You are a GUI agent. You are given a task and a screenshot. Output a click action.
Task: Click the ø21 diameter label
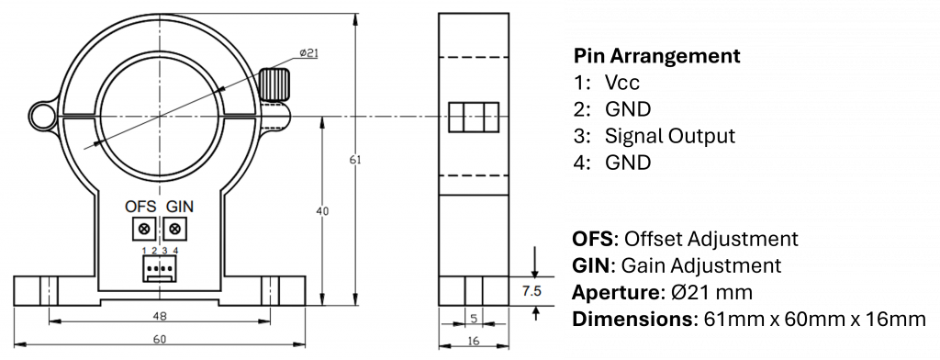308,53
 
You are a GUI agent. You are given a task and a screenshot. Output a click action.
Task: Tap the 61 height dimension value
356,160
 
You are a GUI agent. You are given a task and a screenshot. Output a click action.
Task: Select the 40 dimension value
322,211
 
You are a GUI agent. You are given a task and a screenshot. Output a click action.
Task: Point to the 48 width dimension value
159,316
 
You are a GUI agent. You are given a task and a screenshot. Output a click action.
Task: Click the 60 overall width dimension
159,340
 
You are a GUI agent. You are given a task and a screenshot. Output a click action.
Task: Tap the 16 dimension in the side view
473,341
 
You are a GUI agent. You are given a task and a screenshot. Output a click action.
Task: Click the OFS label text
140,207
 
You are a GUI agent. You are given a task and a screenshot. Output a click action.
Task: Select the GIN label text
179,207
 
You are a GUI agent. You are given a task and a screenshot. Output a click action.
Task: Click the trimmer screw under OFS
143,228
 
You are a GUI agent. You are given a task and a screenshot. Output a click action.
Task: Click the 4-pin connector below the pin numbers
160,269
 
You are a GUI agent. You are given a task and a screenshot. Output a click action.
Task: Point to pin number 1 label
144,251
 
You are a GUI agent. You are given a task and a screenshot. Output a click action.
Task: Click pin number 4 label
175,251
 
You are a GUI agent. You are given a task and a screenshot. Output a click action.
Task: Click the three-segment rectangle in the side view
473,118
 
